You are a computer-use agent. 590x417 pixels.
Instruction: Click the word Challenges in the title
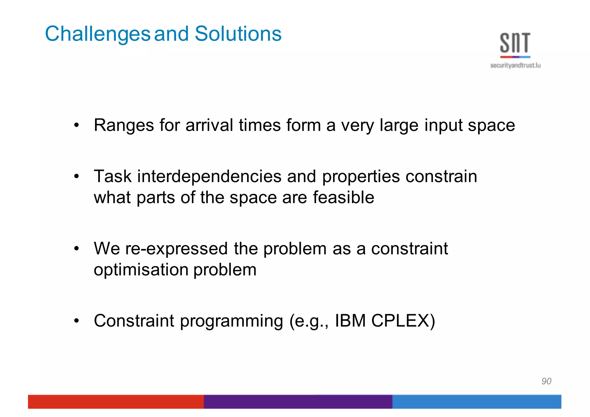(97, 34)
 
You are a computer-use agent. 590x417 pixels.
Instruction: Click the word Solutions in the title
(238, 34)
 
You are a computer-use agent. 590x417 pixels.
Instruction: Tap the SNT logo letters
(515, 43)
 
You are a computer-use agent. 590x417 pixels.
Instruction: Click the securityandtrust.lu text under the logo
(515, 66)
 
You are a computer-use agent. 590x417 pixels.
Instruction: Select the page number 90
(546, 381)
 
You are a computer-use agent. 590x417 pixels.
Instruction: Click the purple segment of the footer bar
(298, 401)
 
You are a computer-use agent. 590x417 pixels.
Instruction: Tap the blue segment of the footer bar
(476, 401)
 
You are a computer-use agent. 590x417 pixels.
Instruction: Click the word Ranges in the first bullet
(124, 125)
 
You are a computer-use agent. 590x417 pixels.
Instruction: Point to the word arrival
(209, 125)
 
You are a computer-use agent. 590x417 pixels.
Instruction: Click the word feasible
(343, 197)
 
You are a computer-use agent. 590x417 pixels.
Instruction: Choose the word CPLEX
(403, 320)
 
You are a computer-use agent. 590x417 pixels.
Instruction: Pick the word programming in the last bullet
(232, 321)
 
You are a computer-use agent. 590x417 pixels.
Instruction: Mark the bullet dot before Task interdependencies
(76, 176)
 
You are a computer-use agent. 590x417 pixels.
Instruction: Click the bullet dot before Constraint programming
(76, 320)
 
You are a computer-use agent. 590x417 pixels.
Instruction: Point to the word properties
(361, 177)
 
